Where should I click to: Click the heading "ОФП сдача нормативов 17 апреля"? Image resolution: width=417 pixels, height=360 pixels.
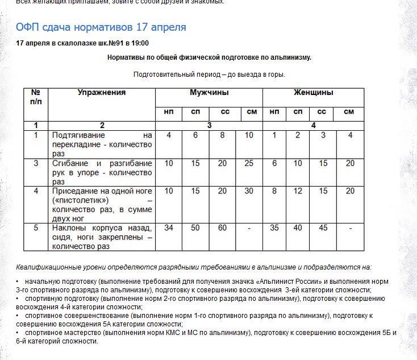(101, 27)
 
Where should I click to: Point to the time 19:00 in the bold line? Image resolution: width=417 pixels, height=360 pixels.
(140, 43)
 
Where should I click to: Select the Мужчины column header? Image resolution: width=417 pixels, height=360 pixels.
(209, 93)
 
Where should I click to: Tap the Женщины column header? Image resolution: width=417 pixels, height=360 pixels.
(313, 93)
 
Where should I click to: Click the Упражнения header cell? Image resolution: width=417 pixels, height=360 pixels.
(102, 93)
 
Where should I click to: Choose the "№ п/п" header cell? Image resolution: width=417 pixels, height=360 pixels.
(36, 97)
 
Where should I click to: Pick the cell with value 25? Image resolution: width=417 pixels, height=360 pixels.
(249, 163)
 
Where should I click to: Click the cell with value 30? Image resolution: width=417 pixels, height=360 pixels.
(249, 191)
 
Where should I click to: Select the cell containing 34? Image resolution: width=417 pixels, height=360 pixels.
(169, 228)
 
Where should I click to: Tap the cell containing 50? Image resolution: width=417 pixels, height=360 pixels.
(195, 228)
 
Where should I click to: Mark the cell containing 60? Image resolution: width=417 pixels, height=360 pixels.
(222, 228)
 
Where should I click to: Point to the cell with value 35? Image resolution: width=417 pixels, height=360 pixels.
(274, 228)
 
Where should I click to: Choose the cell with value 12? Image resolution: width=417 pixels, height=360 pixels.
(298, 191)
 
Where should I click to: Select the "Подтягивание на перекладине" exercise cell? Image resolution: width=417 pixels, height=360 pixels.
(102, 144)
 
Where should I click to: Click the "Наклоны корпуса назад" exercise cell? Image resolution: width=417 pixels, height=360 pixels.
(102, 237)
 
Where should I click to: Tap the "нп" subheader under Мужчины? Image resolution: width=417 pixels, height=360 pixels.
(169, 112)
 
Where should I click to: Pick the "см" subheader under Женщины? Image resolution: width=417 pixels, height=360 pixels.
(349, 112)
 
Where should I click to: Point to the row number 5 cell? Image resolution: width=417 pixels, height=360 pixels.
(36, 228)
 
